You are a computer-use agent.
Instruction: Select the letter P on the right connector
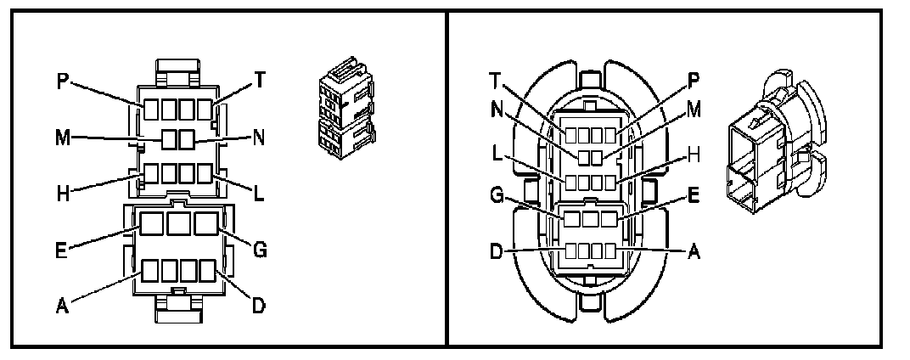(x=694, y=79)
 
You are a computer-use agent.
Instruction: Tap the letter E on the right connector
(x=694, y=194)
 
